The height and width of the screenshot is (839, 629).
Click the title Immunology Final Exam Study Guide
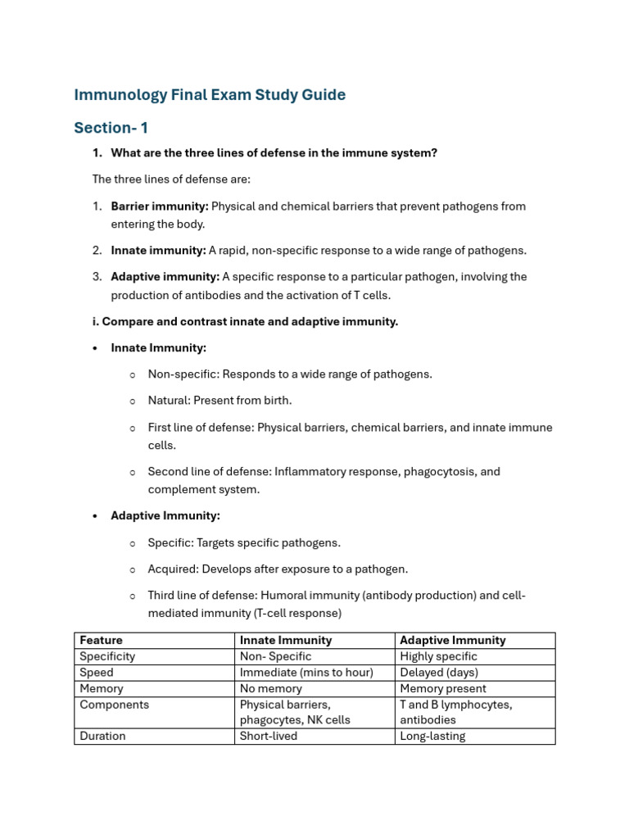[210, 95]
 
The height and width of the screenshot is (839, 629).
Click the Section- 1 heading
[111, 128]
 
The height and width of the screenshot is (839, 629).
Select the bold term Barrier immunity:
[160, 206]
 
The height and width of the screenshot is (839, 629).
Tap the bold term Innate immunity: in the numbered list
[158, 251]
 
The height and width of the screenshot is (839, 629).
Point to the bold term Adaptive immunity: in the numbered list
[165, 277]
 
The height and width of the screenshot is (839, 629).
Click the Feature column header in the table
[102, 640]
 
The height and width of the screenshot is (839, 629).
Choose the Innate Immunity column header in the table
[286, 640]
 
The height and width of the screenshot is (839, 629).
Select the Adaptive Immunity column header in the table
[453, 640]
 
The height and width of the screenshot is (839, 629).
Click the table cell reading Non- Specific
[276, 656]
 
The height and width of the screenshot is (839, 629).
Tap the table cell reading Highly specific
[438, 656]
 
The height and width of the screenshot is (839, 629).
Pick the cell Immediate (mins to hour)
[306, 673]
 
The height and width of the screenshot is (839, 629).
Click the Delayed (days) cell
[439, 673]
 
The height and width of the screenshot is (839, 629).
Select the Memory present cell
[443, 689]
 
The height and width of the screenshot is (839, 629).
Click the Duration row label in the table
[103, 736]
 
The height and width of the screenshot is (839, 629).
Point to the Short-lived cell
[269, 736]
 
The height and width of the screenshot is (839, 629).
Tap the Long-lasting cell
[432, 736]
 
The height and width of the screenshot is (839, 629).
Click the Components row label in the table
[115, 705]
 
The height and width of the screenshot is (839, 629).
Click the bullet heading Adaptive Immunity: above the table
[165, 516]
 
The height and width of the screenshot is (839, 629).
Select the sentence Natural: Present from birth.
[219, 401]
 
